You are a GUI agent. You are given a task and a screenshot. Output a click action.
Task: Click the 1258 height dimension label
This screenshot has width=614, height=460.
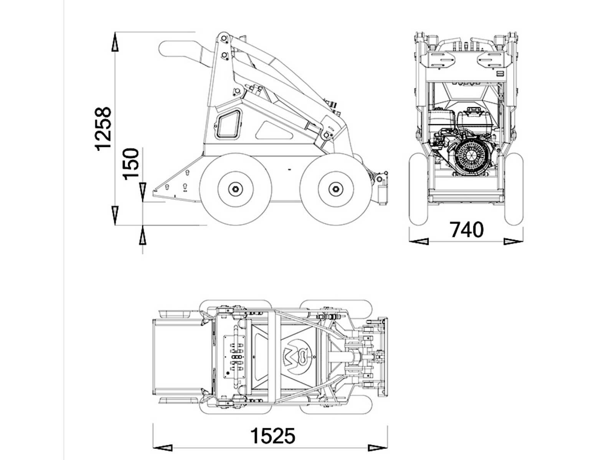point(104,129)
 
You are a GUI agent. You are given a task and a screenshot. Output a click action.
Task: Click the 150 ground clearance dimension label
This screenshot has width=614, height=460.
point(131,163)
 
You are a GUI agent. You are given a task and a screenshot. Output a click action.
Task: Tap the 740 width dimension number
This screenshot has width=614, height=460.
point(466,230)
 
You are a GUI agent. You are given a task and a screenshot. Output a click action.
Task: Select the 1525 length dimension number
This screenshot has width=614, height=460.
point(273,436)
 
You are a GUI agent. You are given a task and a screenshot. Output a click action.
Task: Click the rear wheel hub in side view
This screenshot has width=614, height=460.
point(235,189)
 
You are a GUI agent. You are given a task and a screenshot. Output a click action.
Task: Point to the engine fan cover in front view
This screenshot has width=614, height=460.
point(470,155)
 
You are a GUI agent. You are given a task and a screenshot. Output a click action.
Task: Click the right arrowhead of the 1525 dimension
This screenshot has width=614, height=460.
point(378,448)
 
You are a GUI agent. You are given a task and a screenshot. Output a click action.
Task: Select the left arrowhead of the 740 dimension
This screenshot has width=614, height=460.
point(418,242)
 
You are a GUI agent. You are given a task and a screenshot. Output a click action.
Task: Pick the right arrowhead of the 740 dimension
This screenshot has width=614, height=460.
point(513,242)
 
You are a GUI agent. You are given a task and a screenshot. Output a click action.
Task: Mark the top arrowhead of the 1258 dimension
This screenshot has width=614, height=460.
point(115,42)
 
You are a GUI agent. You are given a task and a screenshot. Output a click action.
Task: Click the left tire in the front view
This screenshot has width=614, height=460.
point(418,189)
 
